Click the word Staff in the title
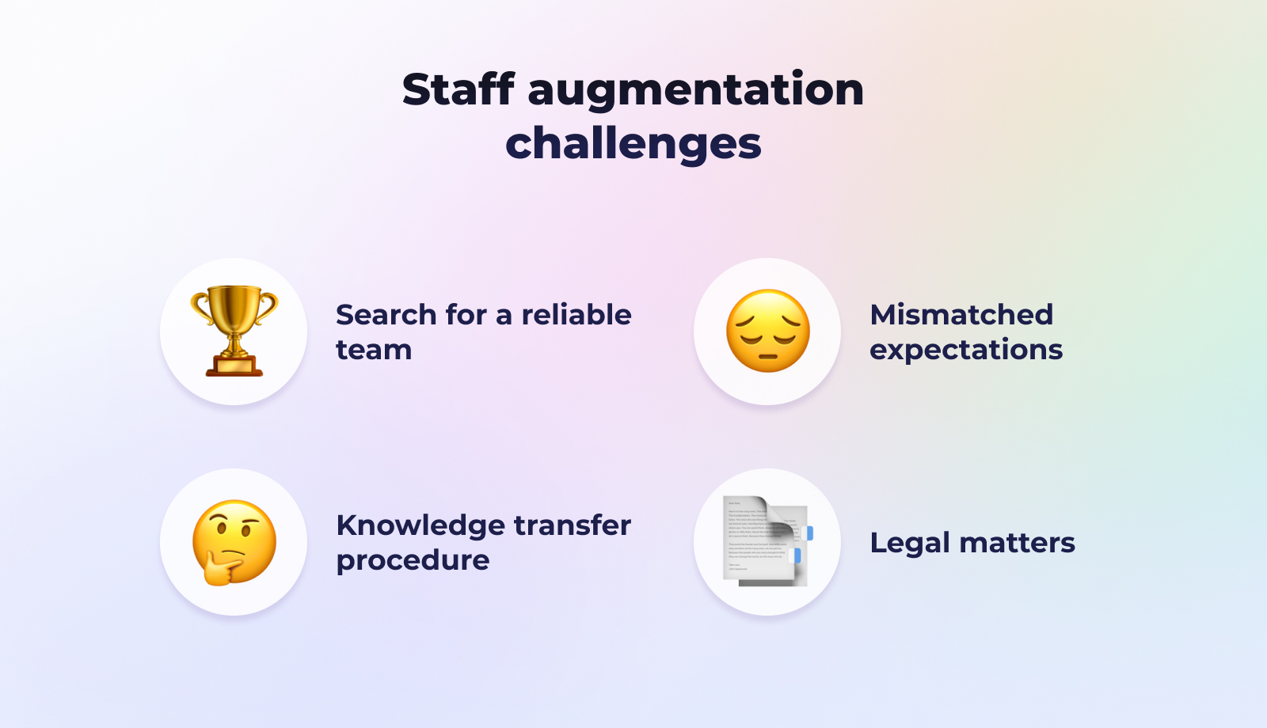coord(458,89)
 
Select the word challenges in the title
coord(633,144)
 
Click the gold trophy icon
coord(234,332)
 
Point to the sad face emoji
coord(767,331)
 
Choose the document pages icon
coord(768,541)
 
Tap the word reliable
coord(576,315)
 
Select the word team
coord(374,350)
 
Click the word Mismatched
coord(961,315)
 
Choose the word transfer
coord(573,525)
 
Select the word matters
coord(1017,544)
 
